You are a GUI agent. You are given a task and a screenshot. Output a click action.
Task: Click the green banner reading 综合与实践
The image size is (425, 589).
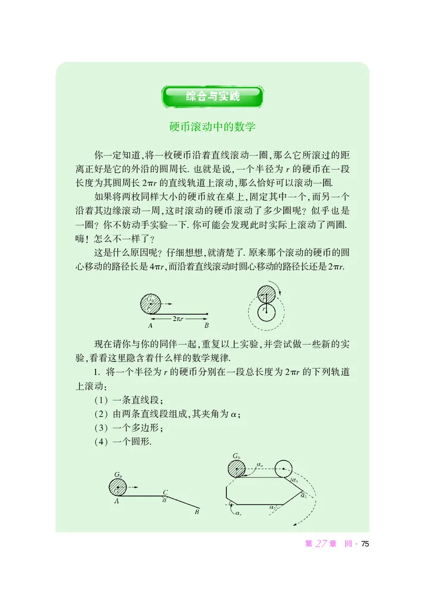(x=213, y=97)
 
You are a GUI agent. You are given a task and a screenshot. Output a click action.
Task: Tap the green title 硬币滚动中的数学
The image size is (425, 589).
(x=212, y=128)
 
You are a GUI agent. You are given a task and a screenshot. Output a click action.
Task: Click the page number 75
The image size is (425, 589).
(x=364, y=544)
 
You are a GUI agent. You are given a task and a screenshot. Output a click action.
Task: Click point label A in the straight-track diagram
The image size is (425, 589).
(x=151, y=325)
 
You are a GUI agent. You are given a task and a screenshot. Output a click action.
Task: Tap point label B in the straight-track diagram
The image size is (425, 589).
(x=206, y=325)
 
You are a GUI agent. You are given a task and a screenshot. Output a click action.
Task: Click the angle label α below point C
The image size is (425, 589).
(x=165, y=500)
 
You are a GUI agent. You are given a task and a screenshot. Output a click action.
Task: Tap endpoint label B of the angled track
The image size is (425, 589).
(x=197, y=512)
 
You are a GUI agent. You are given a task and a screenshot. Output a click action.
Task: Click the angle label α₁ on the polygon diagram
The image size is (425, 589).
(x=295, y=481)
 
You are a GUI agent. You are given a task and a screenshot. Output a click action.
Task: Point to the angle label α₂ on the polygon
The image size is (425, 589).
(x=303, y=496)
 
